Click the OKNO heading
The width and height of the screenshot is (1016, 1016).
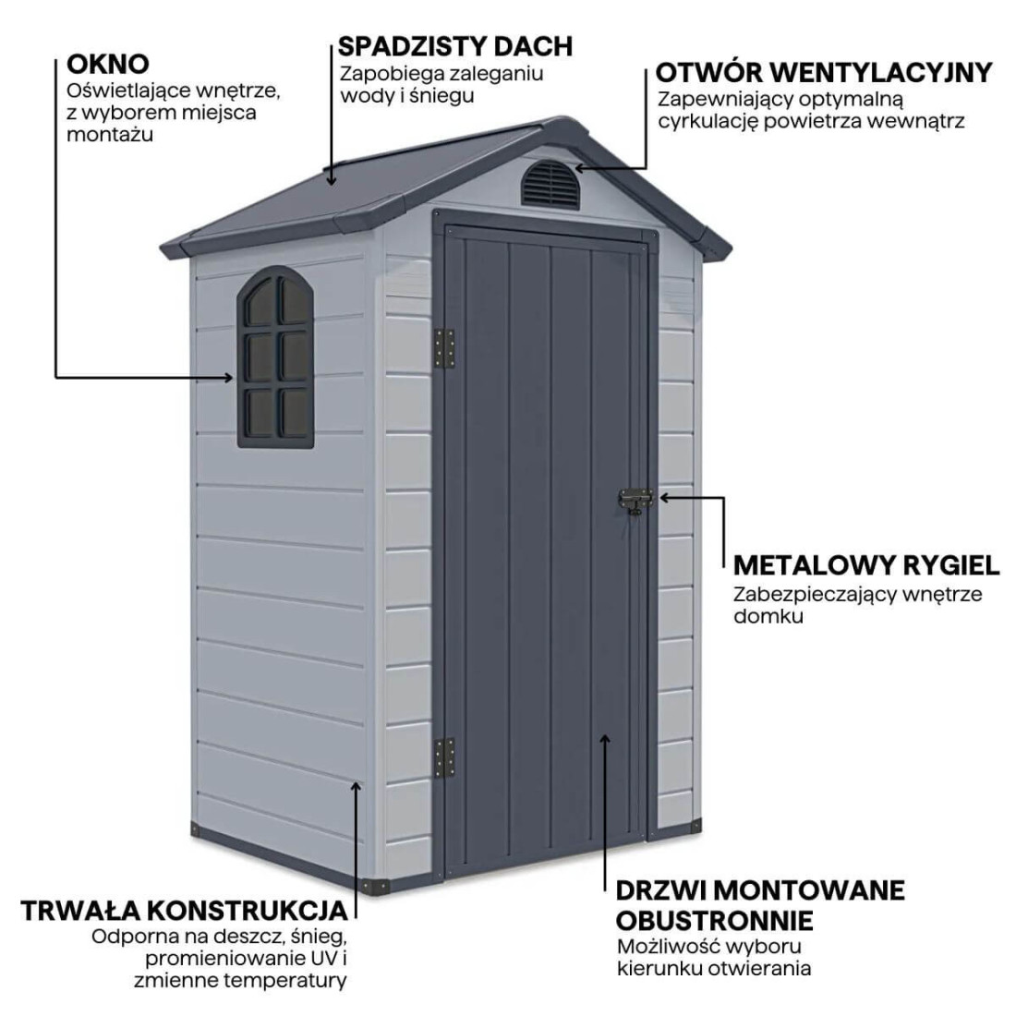(108, 64)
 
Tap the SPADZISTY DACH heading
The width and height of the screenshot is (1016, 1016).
(454, 45)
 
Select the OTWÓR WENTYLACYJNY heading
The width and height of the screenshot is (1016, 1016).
(824, 72)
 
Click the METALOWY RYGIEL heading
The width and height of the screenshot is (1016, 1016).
(865, 564)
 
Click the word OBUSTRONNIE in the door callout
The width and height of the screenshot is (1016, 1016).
(714, 920)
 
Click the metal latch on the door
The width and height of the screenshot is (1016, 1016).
(635, 502)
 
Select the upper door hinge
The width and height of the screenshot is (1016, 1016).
(446, 351)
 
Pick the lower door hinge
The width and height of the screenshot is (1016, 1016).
(445, 757)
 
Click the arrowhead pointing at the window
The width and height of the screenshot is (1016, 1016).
(229, 377)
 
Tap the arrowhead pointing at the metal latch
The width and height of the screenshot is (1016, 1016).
(663, 496)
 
